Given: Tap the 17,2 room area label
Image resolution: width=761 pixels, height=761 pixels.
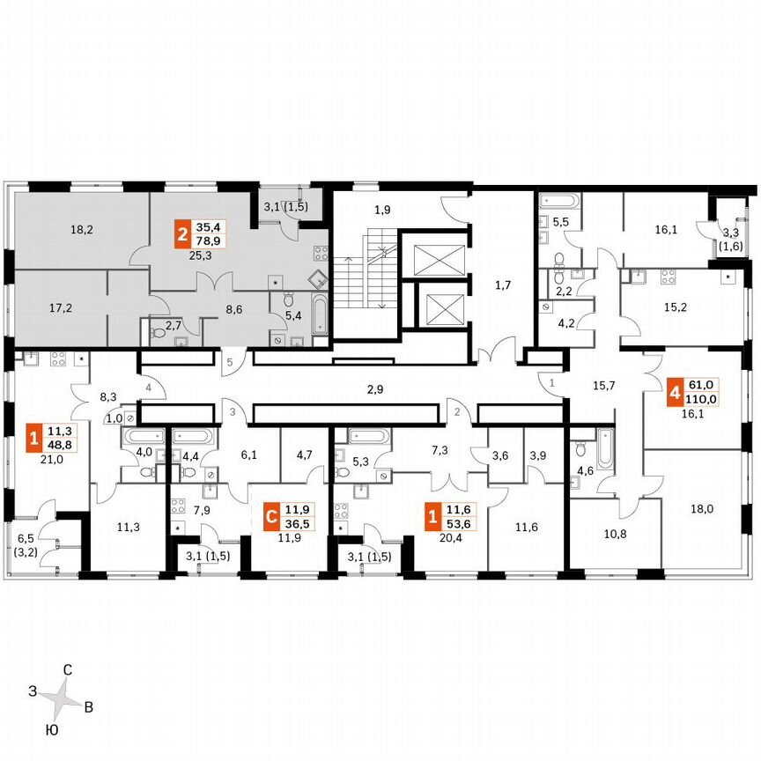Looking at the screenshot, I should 61,307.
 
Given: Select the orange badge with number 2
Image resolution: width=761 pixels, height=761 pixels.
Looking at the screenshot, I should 181,235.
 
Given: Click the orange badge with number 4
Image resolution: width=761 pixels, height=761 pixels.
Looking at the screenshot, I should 674,391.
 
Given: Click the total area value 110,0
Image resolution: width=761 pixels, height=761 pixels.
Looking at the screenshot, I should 703,398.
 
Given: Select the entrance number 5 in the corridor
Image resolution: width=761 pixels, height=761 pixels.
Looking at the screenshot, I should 227,361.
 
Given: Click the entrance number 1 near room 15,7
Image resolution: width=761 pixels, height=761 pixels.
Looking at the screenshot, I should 552,383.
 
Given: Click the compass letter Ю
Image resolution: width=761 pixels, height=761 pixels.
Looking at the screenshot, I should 52,730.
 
